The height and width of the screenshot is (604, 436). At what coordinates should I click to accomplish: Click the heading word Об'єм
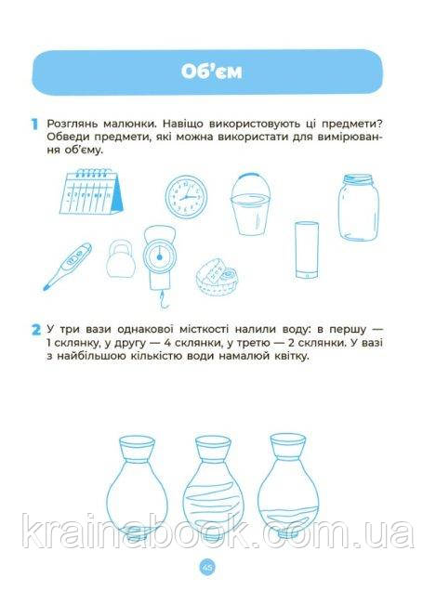(211, 72)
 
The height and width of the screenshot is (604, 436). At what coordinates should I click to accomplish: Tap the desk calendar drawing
(91, 191)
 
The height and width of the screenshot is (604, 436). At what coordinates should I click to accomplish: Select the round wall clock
(186, 197)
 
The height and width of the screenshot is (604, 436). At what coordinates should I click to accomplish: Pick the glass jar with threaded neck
(358, 207)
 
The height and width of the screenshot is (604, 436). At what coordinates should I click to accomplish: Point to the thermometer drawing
(67, 267)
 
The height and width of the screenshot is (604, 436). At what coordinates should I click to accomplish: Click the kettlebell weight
(121, 259)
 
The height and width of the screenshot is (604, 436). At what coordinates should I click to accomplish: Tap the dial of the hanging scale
(159, 256)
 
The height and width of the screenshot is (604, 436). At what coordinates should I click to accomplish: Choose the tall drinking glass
(307, 250)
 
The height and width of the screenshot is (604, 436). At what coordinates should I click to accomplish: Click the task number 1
(34, 125)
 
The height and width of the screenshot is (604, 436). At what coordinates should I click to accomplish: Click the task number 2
(36, 330)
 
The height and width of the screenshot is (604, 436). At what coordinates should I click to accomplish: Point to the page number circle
(207, 567)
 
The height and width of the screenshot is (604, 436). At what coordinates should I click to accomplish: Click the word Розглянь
(73, 125)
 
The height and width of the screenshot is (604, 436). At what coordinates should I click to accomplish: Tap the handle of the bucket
(249, 176)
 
